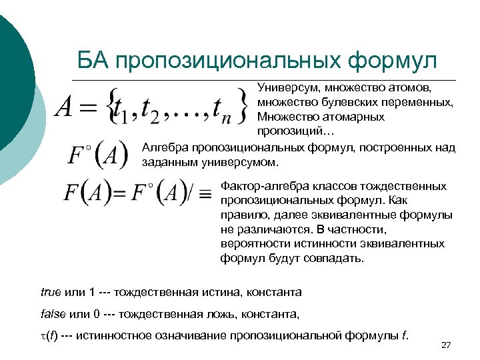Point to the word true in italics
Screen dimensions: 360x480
pos(51,292)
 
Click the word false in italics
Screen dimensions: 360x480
pos(53,313)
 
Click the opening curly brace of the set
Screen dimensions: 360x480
pos(114,107)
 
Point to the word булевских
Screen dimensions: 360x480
pos(345,103)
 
